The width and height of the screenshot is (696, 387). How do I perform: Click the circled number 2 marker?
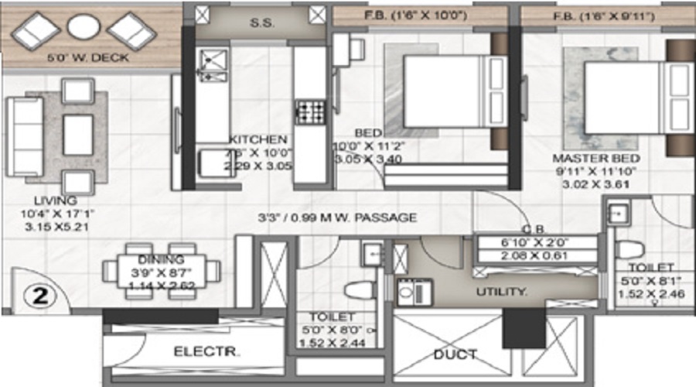(x=32, y=294)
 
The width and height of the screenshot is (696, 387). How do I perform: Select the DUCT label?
(x=455, y=354)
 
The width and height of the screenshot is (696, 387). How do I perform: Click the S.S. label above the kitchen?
(x=258, y=22)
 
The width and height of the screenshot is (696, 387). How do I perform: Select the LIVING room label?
(x=46, y=200)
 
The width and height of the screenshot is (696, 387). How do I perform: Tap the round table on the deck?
(x=84, y=28)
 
